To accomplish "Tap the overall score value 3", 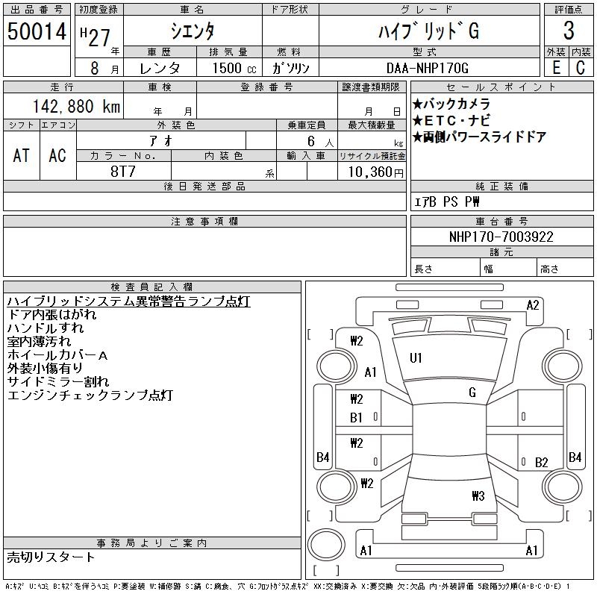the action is [x=569, y=31].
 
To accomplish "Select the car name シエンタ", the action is [x=193, y=31].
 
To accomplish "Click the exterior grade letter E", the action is [x=555, y=68].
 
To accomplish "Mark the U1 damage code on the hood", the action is [x=416, y=358].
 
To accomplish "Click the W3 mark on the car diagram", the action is [x=478, y=496].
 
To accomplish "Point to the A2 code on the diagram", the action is [x=533, y=304].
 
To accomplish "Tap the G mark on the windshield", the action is [x=472, y=393].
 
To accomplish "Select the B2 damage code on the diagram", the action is [x=542, y=463].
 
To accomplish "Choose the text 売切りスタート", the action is [x=51, y=557].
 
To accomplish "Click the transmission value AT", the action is [x=21, y=154].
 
